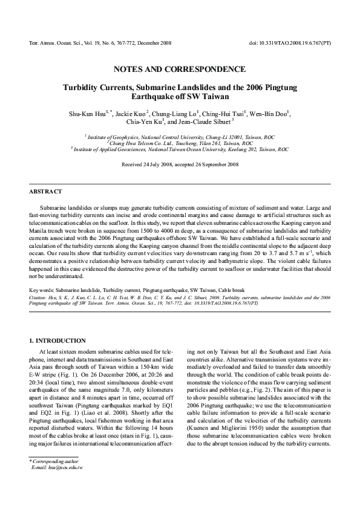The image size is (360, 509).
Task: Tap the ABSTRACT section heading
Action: [45, 192]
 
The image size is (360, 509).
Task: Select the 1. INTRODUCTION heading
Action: [57, 341]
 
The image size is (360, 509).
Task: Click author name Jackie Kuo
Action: [134, 113]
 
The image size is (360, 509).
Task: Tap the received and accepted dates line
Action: [180, 164]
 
